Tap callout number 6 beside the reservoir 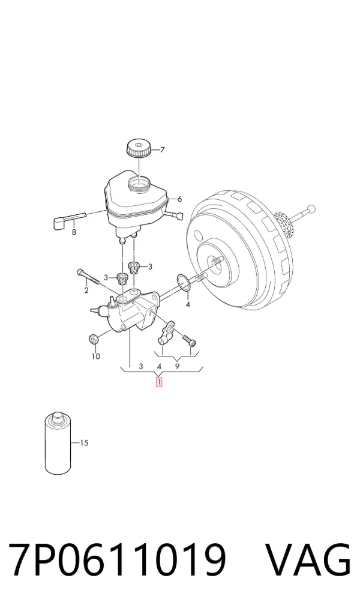pos(179,199)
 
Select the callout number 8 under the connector pos(74,233)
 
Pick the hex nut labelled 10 pos(94,339)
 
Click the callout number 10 pos(96,356)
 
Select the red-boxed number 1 pos(159,382)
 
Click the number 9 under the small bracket pos(177,366)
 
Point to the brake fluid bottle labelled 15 pos(58,443)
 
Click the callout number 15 pos(84,443)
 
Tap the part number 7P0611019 pos(117,561)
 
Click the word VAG pos(308,561)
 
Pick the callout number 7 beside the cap pos(163,149)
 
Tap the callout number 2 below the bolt pos(86,290)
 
